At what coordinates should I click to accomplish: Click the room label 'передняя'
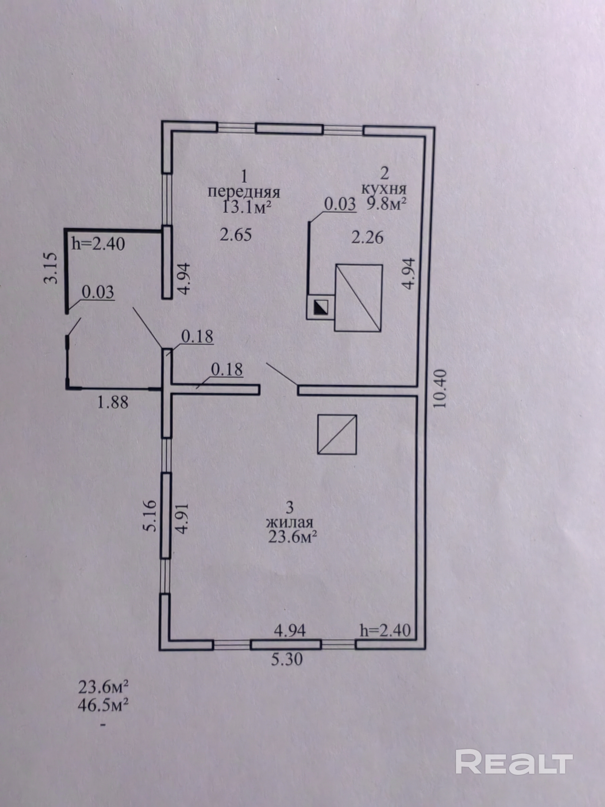click(x=244, y=192)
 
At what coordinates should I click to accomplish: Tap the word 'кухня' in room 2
click(x=384, y=189)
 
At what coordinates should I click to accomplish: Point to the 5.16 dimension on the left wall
click(x=151, y=516)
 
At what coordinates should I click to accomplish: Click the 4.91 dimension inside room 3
click(x=182, y=518)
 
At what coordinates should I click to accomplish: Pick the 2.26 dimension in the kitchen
click(x=367, y=237)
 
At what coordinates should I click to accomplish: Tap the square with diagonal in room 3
click(x=337, y=434)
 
